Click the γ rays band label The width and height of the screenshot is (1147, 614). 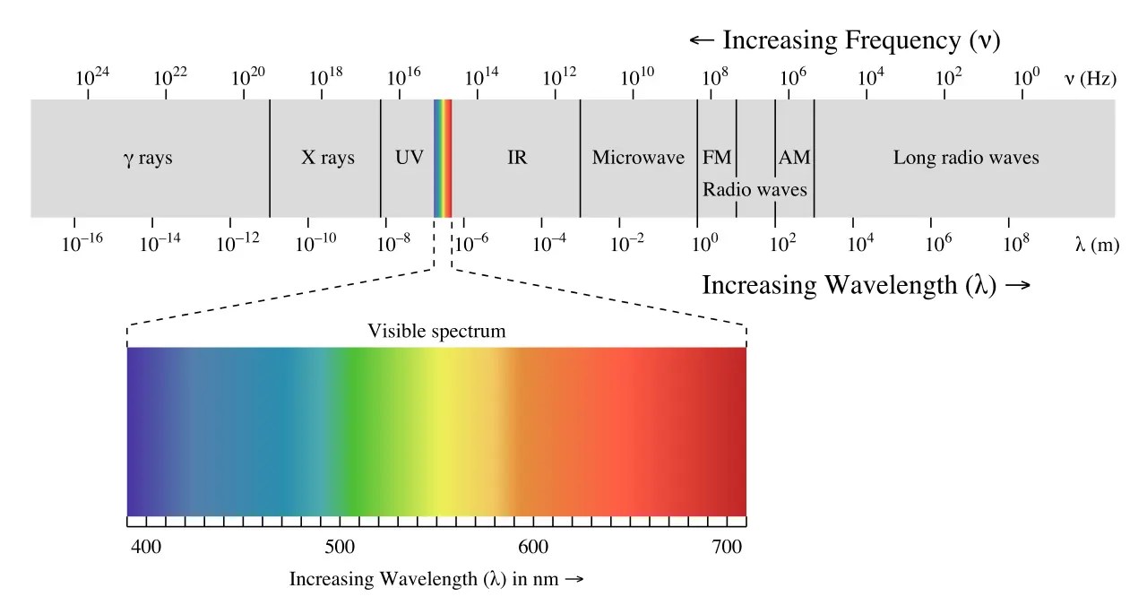[148, 159]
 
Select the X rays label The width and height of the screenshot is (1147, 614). [327, 159]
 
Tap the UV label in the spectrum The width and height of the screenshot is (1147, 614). [409, 159]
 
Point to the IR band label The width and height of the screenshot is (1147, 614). [517, 159]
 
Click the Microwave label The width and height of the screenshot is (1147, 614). [638, 159]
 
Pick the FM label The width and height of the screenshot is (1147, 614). [717, 159]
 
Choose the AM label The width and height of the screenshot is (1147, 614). [794, 159]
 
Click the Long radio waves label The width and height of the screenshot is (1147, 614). [966, 159]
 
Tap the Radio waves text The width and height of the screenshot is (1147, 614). [755, 190]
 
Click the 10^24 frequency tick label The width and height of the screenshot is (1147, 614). [92, 77]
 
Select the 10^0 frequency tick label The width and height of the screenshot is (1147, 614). [1027, 77]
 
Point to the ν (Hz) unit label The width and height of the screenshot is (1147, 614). [1090, 79]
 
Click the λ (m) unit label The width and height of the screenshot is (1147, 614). [1097, 244]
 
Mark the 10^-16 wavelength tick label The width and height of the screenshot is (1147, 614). [82, 242]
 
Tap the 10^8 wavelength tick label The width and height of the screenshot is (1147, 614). [1015, 242]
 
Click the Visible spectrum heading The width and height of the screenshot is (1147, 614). [436, 332]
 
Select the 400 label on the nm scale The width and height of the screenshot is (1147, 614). [146, 547]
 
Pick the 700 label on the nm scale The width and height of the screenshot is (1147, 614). [727, 547]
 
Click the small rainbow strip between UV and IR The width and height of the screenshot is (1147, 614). [443, 158]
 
